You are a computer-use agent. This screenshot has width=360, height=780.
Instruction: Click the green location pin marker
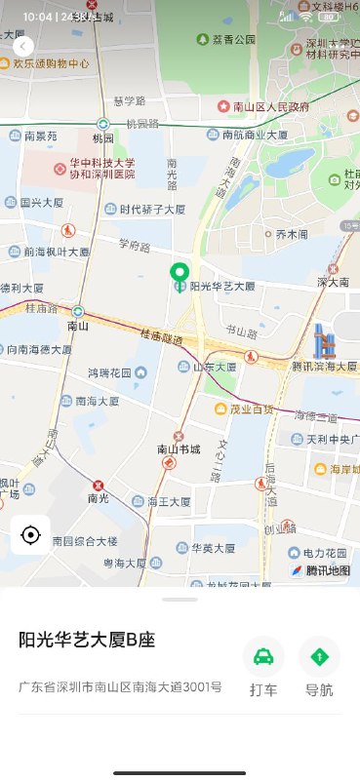179,274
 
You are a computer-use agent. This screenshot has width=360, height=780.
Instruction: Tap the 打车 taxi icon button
263,656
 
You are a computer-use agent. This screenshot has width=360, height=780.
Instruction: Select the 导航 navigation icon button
319,656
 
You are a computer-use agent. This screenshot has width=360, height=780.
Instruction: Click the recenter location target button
30,535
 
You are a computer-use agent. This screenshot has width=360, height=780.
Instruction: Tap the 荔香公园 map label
233,39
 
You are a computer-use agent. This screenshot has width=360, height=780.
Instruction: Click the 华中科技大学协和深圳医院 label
101,169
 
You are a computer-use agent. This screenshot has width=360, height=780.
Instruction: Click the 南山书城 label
179,449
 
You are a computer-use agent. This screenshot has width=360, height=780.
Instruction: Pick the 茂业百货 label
251,409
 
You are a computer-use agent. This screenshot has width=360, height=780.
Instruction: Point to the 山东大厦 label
213,367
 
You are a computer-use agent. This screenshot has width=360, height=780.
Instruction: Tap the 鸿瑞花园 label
109,372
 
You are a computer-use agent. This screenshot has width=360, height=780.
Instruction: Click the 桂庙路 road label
42,307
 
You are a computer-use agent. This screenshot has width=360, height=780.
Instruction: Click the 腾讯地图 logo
321,570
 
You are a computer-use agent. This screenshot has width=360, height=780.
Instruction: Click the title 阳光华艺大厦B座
88,640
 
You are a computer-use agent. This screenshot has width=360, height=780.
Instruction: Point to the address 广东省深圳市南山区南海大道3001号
120,686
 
